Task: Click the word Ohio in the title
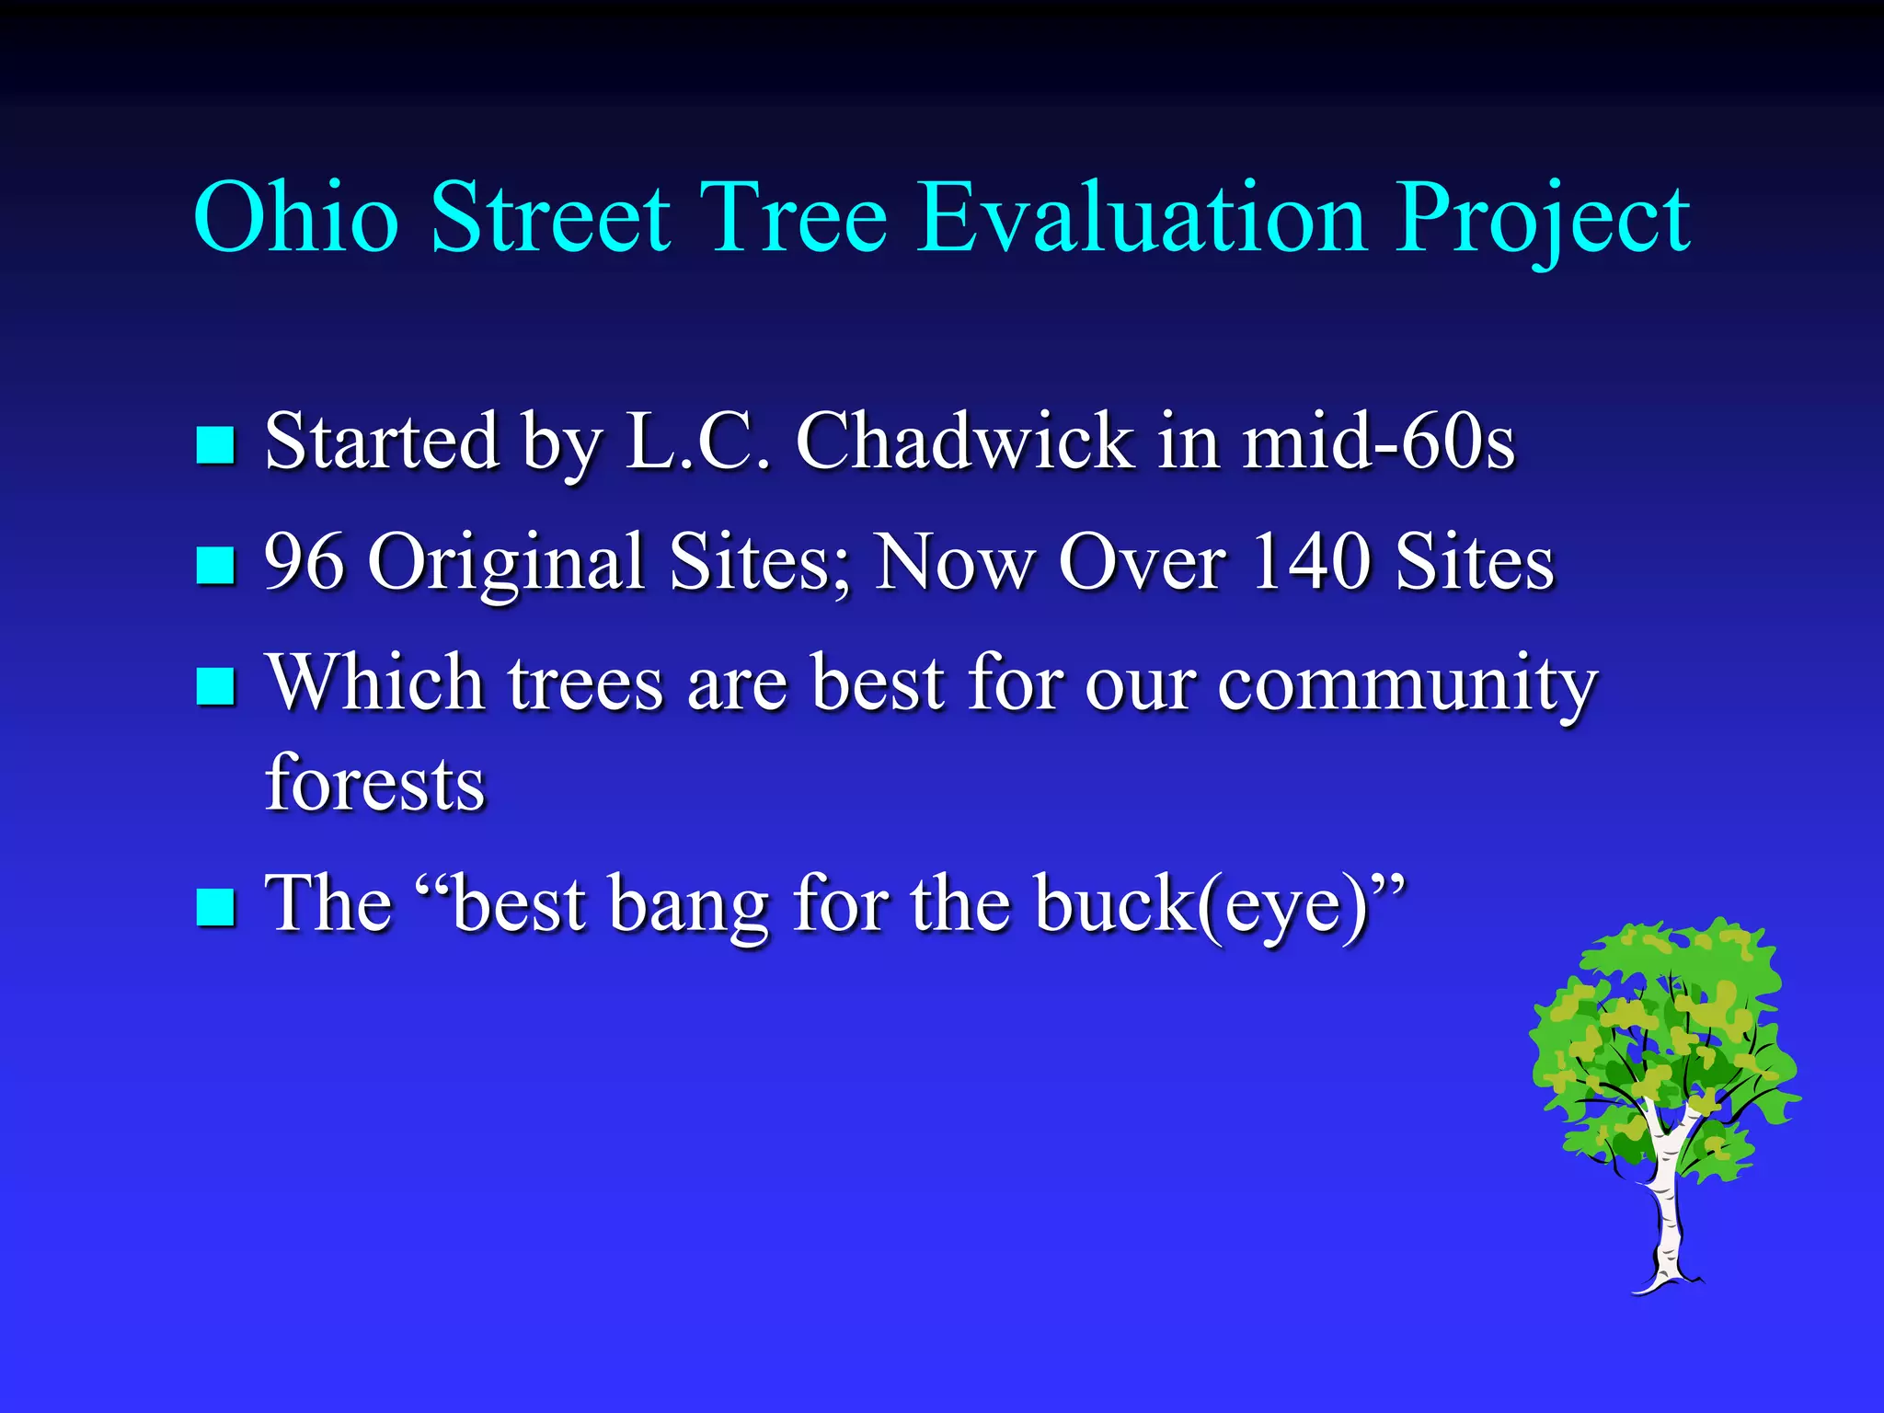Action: [296, 218]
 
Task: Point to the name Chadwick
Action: [964, 442]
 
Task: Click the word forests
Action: [374, 784]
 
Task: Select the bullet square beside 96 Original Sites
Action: [216, 565]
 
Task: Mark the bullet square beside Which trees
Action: [216, 686]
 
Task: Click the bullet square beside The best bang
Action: [216, 907]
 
